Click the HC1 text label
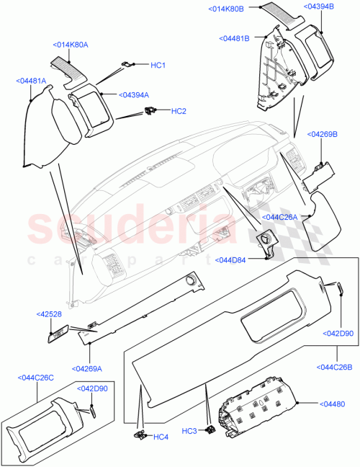pos(158,66)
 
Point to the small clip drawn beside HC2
pos(151,110)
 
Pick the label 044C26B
pos(334,368)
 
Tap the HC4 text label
pos(161,437)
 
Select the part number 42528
pos(49,314)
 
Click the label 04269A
pos(86,368)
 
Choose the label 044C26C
pos(36,376)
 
